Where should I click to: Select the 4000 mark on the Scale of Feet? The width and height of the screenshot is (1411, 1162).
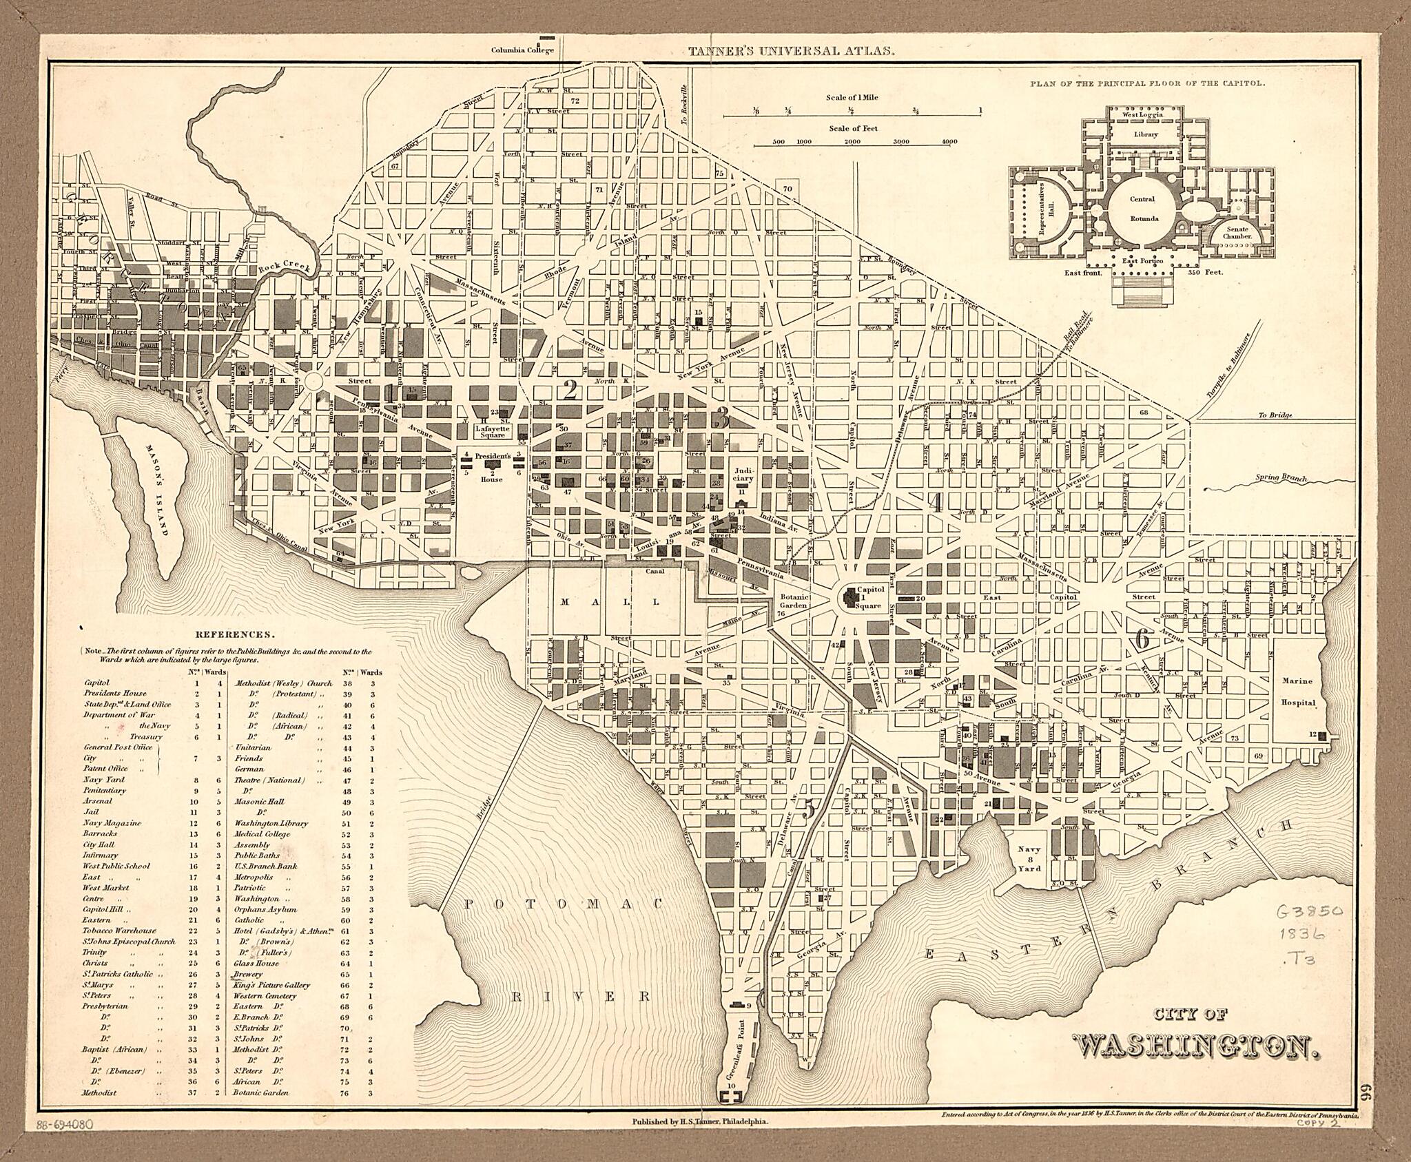(x=949, y=142)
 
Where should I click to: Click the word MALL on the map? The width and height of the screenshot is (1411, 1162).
(x=610, y=601)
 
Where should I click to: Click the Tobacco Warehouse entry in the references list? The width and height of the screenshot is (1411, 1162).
(x=120, y=931)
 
